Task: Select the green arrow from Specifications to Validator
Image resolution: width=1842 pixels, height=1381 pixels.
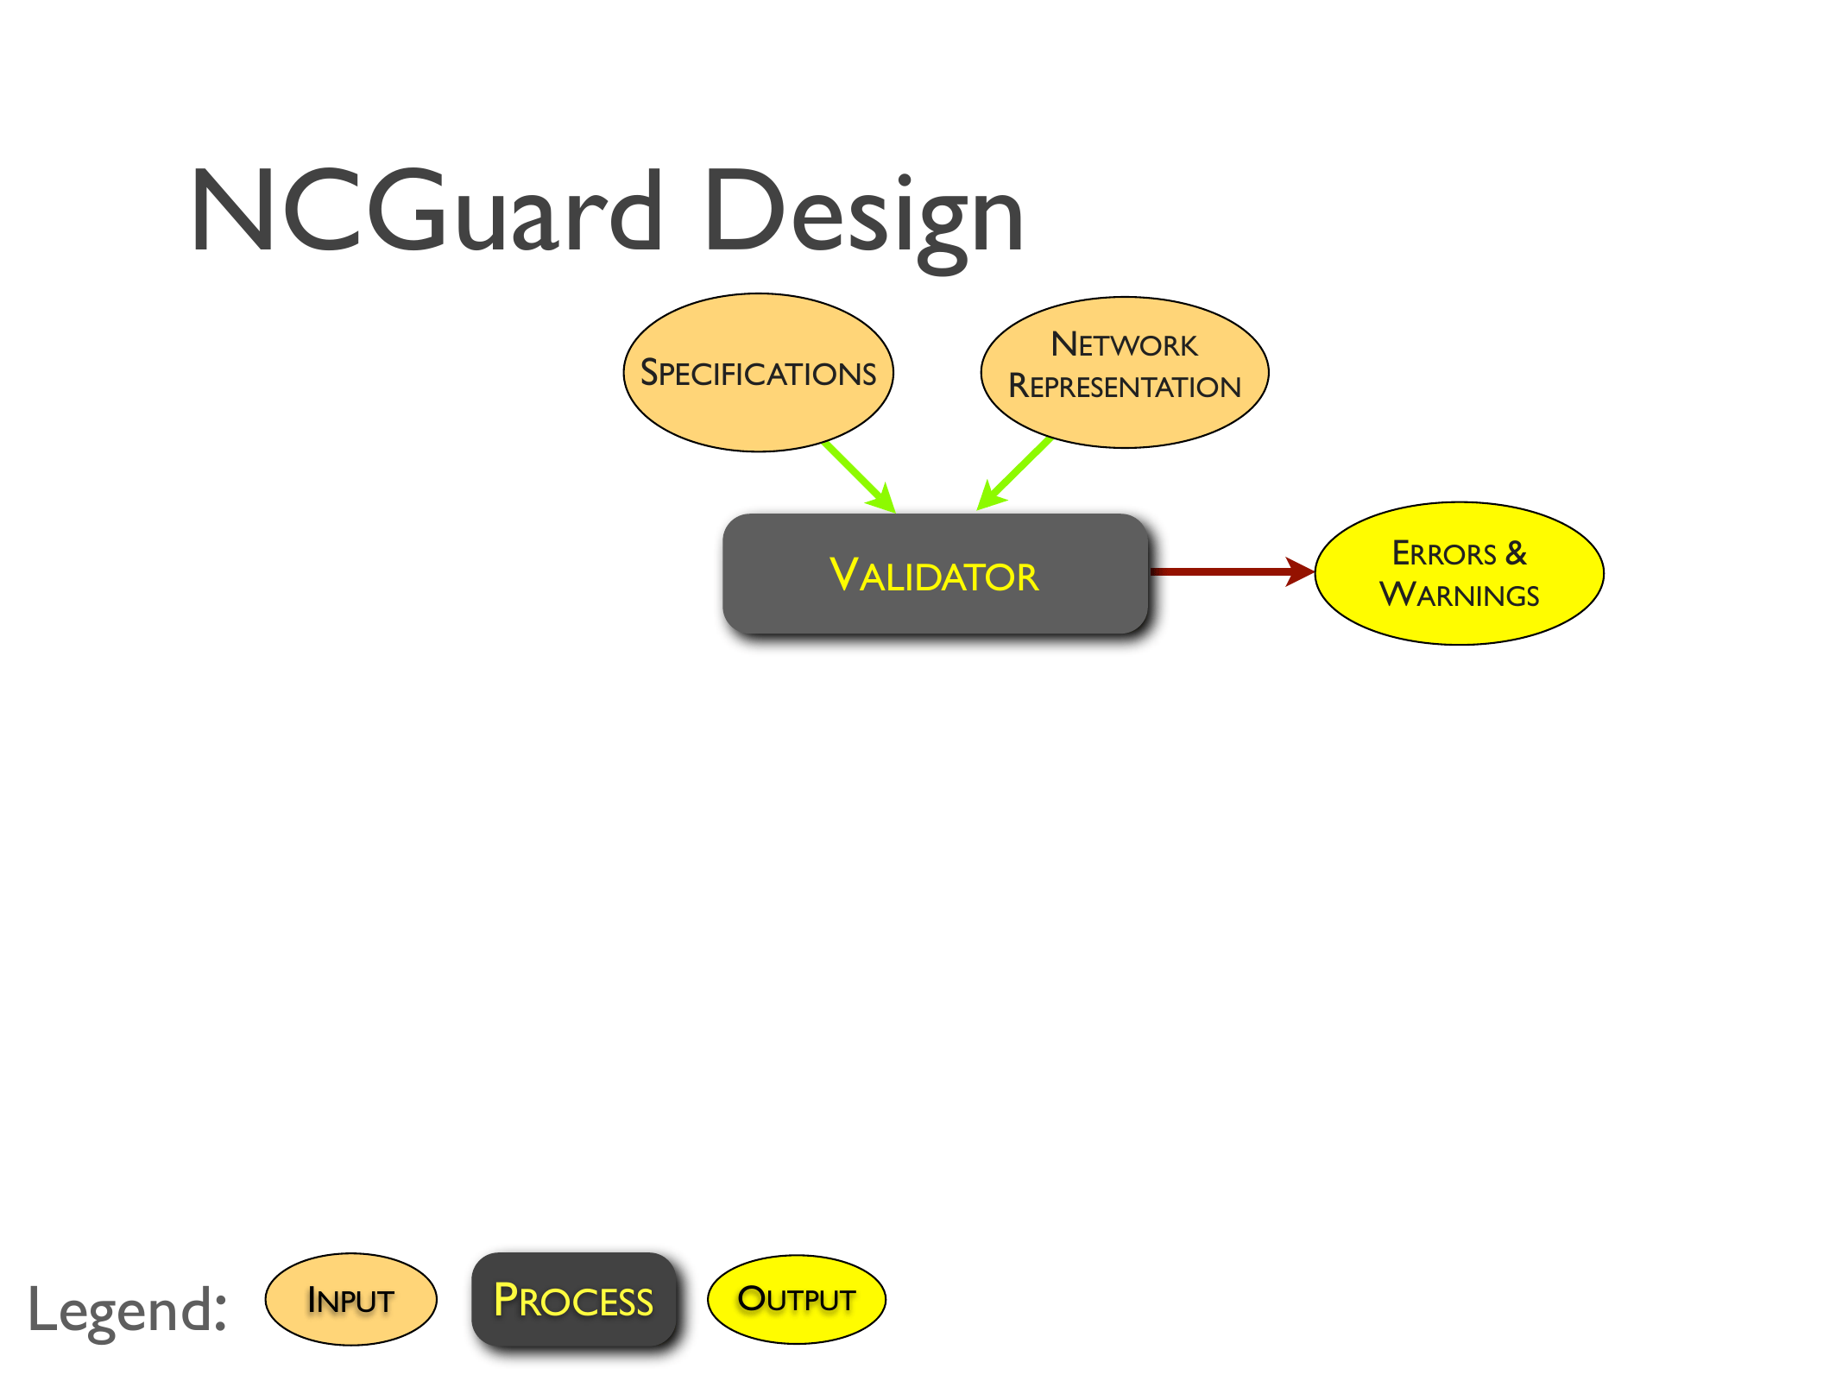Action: click(857, 475)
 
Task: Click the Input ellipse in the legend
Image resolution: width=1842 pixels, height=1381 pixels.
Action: click(350, 1299)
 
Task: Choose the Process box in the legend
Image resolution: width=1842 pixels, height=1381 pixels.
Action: click(573, 1299)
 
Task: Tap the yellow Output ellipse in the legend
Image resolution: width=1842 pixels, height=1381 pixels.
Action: click(796, 1299)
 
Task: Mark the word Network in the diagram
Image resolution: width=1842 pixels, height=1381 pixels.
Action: click(1124, 345)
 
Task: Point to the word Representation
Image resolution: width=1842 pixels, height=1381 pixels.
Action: click(1124, 387)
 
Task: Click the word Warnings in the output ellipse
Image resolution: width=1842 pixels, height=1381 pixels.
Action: click(1459, 595)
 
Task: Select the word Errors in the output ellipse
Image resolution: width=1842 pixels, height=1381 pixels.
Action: click(1444, 553)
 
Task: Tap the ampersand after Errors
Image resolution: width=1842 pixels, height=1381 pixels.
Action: click(1516, 553)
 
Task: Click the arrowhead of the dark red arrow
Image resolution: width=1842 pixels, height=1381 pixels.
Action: click(1299, 571)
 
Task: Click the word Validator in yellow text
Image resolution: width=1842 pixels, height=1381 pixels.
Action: click(934, 576)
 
